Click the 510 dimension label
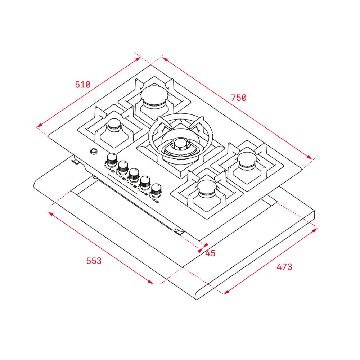point(82,85)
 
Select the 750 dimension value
point(239,98)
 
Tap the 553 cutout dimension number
point(94,261)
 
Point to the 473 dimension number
point(284,267)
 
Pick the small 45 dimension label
point(210,253)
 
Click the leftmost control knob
point(112,159)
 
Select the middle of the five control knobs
point(134,174)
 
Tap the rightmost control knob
point(156,190)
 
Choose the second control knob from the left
point(123,166)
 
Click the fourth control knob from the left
point(145,182)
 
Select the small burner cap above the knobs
point(114,125)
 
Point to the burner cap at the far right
point(247,160)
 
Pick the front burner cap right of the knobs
point(207,188)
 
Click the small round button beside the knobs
point(94,151)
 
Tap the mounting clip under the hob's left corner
point(75,162)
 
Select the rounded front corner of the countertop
point(198,296)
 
